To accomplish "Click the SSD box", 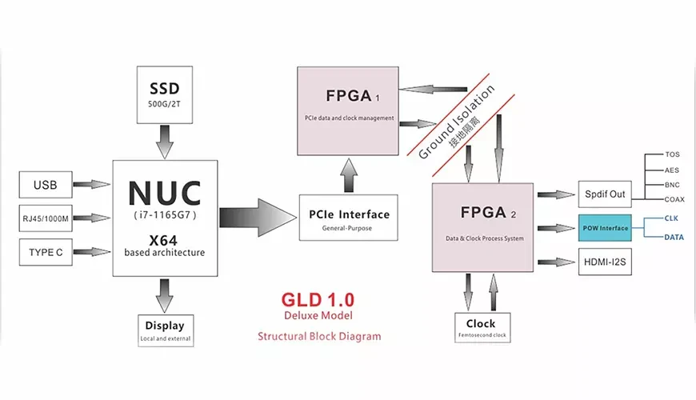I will pos(165,94).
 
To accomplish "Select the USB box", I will pos(46,186).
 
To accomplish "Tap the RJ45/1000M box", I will pos(46,218).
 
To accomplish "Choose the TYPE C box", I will pos(46,252).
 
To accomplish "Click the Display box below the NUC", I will pos(165,330).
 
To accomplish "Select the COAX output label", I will pos(673,199).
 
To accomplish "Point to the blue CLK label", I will pos(670,218).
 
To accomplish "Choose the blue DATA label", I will pos(674,237).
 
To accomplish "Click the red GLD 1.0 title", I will pos(318,300).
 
